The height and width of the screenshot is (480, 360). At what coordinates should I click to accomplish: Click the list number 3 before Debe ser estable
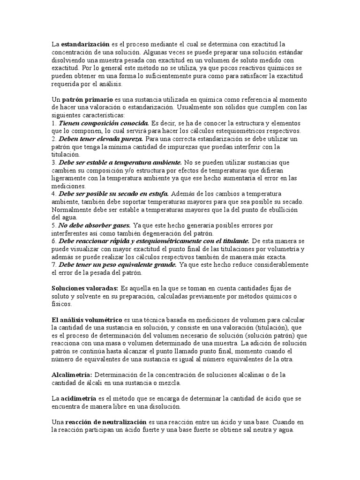point(53,162)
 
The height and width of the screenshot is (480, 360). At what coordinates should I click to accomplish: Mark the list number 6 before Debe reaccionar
point(53,241)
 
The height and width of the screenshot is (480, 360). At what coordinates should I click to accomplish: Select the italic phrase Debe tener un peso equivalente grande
point(117,264)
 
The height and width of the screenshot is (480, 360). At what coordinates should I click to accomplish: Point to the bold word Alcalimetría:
point(72,375)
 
